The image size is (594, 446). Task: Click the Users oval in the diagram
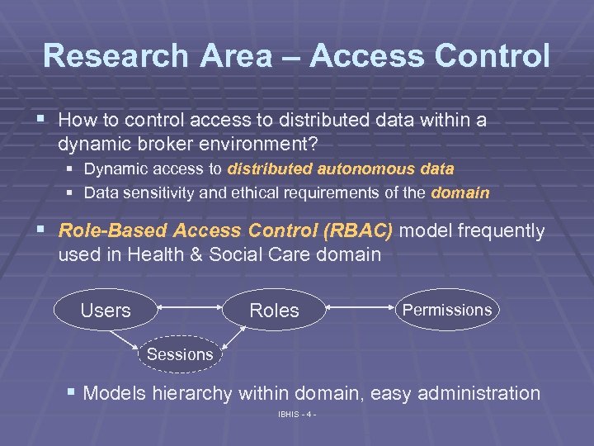pyautogui.click(x=106, y=311)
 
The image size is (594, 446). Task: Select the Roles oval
pyautogui.click(x=274, y=311)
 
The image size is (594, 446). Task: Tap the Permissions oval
pyautogui.click(x=446, y=310)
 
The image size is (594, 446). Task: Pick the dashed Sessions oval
pyautogui.click(x=179, y=354)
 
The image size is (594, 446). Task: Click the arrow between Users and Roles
pyautogui.click(x=190, y=309)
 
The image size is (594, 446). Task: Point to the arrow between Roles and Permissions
pyautogui.click(x=358, y=309)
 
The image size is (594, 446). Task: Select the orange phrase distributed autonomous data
pyautogui.click(x=341, y=169)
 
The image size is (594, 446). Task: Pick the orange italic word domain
pyautogui.click(x=460, y=193)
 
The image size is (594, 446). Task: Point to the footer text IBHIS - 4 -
pyautogui.click(x=297, y=414)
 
